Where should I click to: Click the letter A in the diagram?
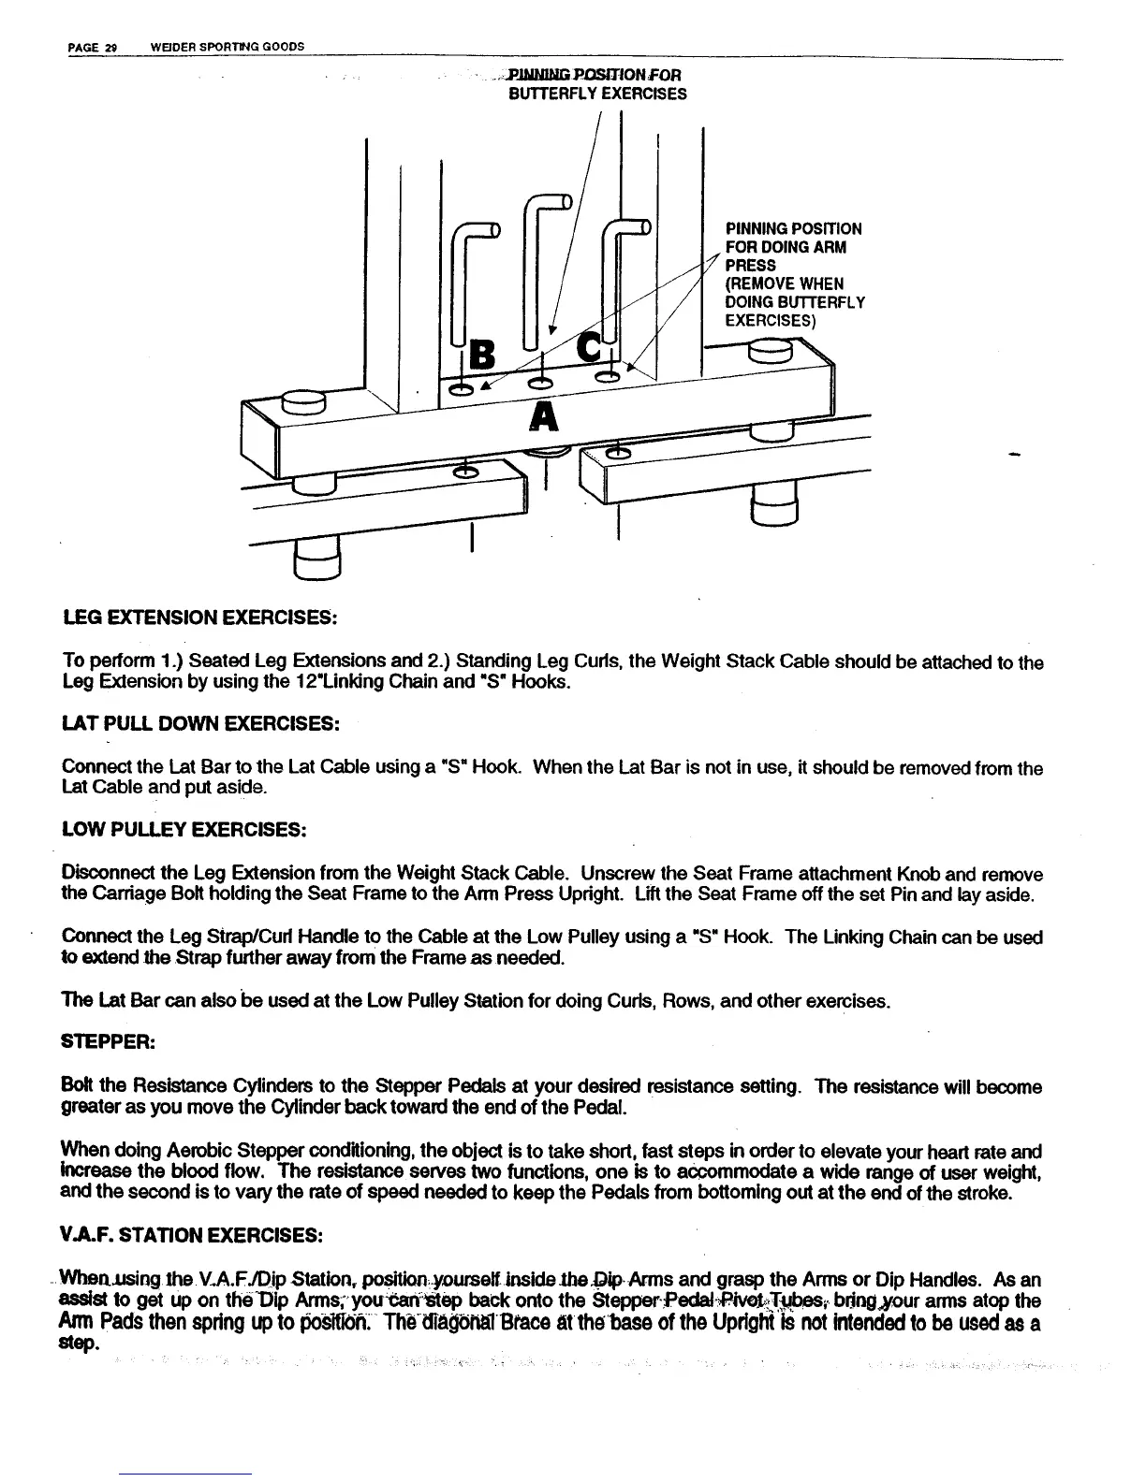[543, 416]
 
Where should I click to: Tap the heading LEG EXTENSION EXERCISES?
[198, 618]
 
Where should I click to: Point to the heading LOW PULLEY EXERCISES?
[184, 830]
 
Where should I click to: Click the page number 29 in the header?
[109, 47]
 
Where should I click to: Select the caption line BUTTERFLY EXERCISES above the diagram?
[596, 94]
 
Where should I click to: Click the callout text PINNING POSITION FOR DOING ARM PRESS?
[794, 247]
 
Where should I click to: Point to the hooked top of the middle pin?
[549, 201]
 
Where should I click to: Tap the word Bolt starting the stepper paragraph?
[78, 1087]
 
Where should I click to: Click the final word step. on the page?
[81, 1344]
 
